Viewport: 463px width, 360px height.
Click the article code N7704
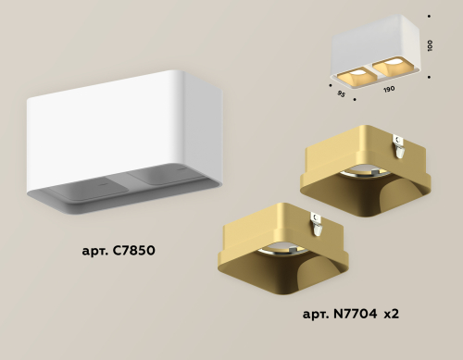[x=357, y=315]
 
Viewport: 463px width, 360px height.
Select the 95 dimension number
[x=341, y=92]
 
